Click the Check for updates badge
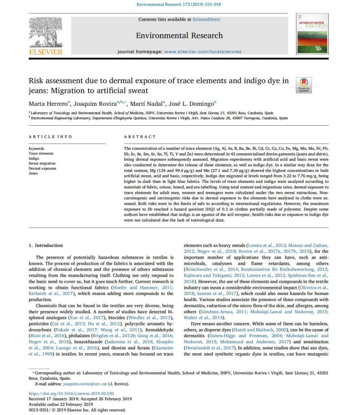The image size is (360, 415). pyautogui.click(x=304, y=85)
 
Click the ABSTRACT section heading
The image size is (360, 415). pyautogui.click(x=140, y=137)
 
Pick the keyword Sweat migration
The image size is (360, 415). pyautogui.click(x=42, y=163)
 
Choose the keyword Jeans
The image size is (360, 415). pyautogui.click(x=33, y=173)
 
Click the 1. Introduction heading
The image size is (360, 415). pyautogui.click(x=46, y=245)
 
